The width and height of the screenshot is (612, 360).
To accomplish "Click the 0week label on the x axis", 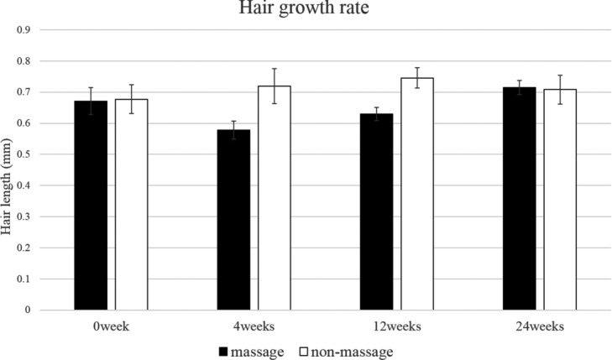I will point(112,326).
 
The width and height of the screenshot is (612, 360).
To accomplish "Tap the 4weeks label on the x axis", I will point(254,326).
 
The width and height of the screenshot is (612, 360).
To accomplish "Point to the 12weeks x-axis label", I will point(397,326).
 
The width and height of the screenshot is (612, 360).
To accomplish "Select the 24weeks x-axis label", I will point(540,326).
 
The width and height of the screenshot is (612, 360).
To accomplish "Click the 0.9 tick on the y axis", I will point(24,30).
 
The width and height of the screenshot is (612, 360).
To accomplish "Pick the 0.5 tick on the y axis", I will point(24,154).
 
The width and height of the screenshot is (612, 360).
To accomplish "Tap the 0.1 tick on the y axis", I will point(24,279).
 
